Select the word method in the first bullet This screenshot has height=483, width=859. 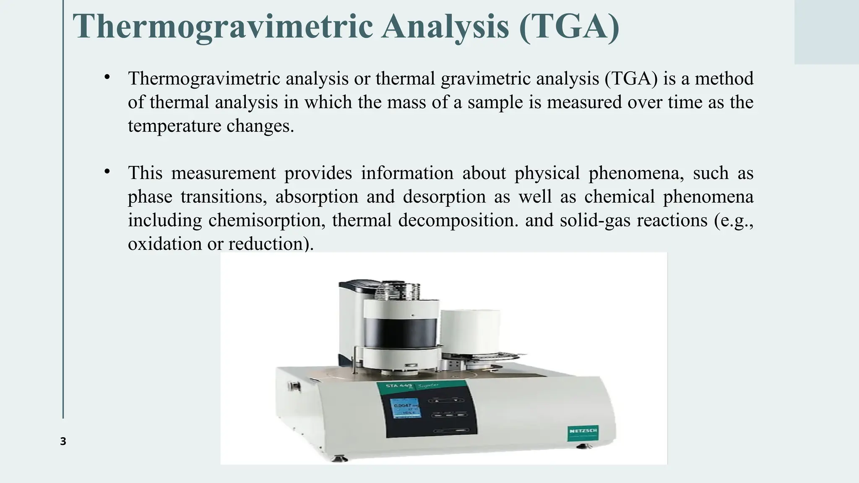point(724,79)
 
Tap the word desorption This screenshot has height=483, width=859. point(444,197)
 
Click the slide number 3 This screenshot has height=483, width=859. point(63,441)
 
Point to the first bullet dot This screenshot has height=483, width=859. point(107,77)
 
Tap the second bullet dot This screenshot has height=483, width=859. point(107,171)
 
